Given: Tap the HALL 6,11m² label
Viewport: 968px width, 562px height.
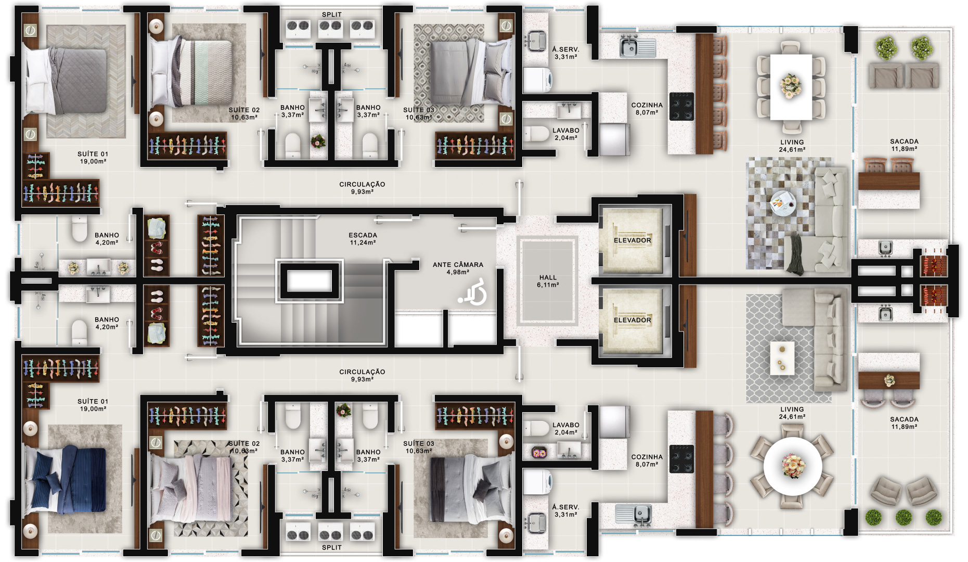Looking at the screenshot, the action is (548, 281).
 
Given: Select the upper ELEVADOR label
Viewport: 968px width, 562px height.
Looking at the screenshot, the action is (632, 240).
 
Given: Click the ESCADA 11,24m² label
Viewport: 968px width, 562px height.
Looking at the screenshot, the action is (363, 239).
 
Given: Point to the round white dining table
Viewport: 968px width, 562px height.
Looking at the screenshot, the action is (793, 466).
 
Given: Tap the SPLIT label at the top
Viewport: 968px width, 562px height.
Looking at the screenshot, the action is (331, 15).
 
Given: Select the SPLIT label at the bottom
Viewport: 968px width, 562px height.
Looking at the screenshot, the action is (331, 547).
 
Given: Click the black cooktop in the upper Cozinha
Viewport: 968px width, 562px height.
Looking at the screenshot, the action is (681, 106).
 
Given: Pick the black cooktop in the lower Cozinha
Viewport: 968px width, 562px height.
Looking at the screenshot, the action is (681, 458).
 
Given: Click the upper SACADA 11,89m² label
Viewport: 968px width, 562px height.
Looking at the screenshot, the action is (904, 145).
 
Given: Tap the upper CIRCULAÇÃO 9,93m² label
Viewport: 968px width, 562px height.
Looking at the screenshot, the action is (362, 188).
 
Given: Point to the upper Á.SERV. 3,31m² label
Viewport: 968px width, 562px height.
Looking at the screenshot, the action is (565, 53).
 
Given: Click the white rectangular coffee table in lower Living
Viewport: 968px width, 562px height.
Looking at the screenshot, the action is (782, 358).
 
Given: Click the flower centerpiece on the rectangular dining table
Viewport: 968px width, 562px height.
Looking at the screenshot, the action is (790, 85).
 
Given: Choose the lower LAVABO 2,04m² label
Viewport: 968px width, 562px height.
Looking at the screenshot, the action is (565, 428).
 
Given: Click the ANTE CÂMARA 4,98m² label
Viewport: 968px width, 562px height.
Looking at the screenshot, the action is (458, 268).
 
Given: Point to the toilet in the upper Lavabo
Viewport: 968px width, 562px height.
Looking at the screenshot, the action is (536, 134).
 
